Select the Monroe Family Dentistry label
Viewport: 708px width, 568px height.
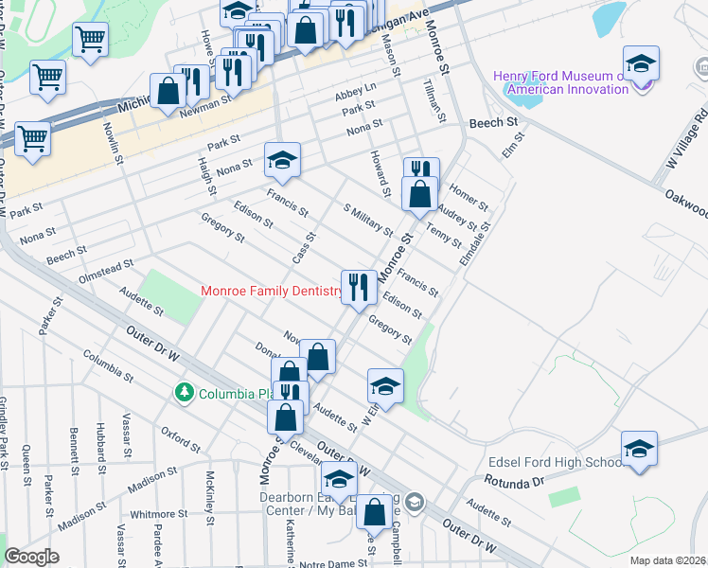point(272,292)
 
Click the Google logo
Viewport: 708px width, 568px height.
point(31,557)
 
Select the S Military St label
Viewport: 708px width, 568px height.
point(367,220)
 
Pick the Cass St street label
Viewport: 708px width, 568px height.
point(304,247)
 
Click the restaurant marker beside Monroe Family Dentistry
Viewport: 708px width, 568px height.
point(358,286)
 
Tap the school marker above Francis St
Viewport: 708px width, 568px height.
point(282,161)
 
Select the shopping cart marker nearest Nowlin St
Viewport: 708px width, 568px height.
point(90,40)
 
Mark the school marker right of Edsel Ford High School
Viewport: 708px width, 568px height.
point(639,449)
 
